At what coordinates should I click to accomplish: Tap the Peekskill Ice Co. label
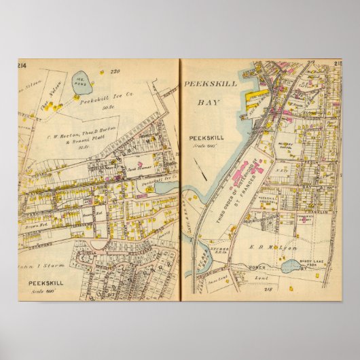101,102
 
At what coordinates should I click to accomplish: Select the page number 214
23,65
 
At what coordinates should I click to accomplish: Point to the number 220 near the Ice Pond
114,71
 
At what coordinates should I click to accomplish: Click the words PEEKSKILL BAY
199,92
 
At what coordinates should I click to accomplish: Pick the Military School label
285,145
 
